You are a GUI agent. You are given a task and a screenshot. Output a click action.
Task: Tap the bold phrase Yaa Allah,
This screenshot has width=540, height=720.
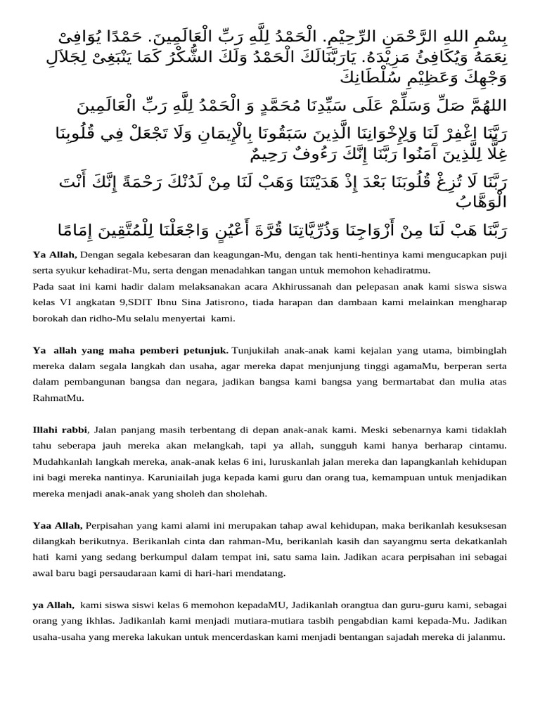(x=58, y=525)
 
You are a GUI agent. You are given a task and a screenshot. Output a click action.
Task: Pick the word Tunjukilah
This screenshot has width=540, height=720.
(x=256, y=349)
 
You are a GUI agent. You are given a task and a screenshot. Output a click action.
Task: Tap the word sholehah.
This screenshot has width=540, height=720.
(x=245, y=494)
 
